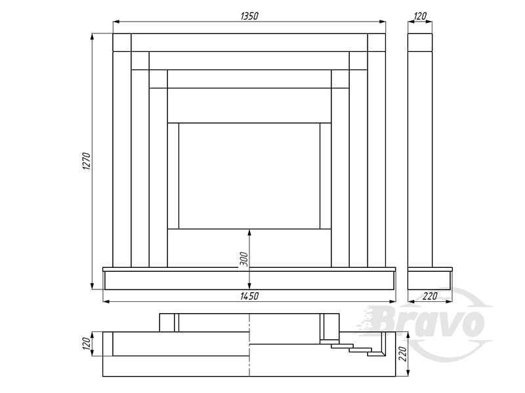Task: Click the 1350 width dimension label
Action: pos(249,16)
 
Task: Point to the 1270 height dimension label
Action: pos(87,161)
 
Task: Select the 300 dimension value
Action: pos(244,259)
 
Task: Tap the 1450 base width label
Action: pos(249,296)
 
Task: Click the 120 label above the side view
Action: pos(420,16)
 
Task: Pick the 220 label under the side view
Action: pos(430,296)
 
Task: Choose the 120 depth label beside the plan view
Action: pos(87,344)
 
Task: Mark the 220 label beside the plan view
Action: pos(403,354)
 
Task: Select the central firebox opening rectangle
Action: pos(249,176)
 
